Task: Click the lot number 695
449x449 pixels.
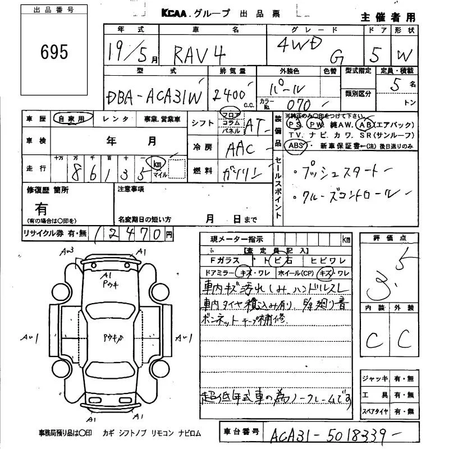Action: click(54, 52)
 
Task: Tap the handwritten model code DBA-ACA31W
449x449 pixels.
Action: click(153, 97)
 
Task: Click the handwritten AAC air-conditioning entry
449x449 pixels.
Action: click(239, 149)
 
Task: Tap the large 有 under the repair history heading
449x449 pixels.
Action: click(42, 209)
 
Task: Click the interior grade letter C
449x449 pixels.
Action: click(372, 340)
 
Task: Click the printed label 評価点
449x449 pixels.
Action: click(388, 238)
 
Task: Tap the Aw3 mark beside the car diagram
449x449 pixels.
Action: click(71, 250)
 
